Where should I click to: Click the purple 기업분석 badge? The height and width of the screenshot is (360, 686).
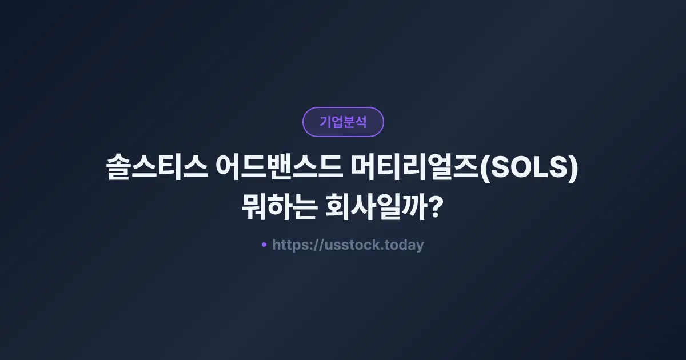343,122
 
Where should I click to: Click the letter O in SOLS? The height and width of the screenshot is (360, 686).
517,170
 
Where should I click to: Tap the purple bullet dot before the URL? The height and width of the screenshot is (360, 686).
264,245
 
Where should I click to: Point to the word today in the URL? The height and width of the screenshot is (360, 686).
405,245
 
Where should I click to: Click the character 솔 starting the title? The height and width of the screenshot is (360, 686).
119,170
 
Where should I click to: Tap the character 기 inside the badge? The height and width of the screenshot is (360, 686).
325,122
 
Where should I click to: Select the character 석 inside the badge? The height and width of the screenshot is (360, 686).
361,122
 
